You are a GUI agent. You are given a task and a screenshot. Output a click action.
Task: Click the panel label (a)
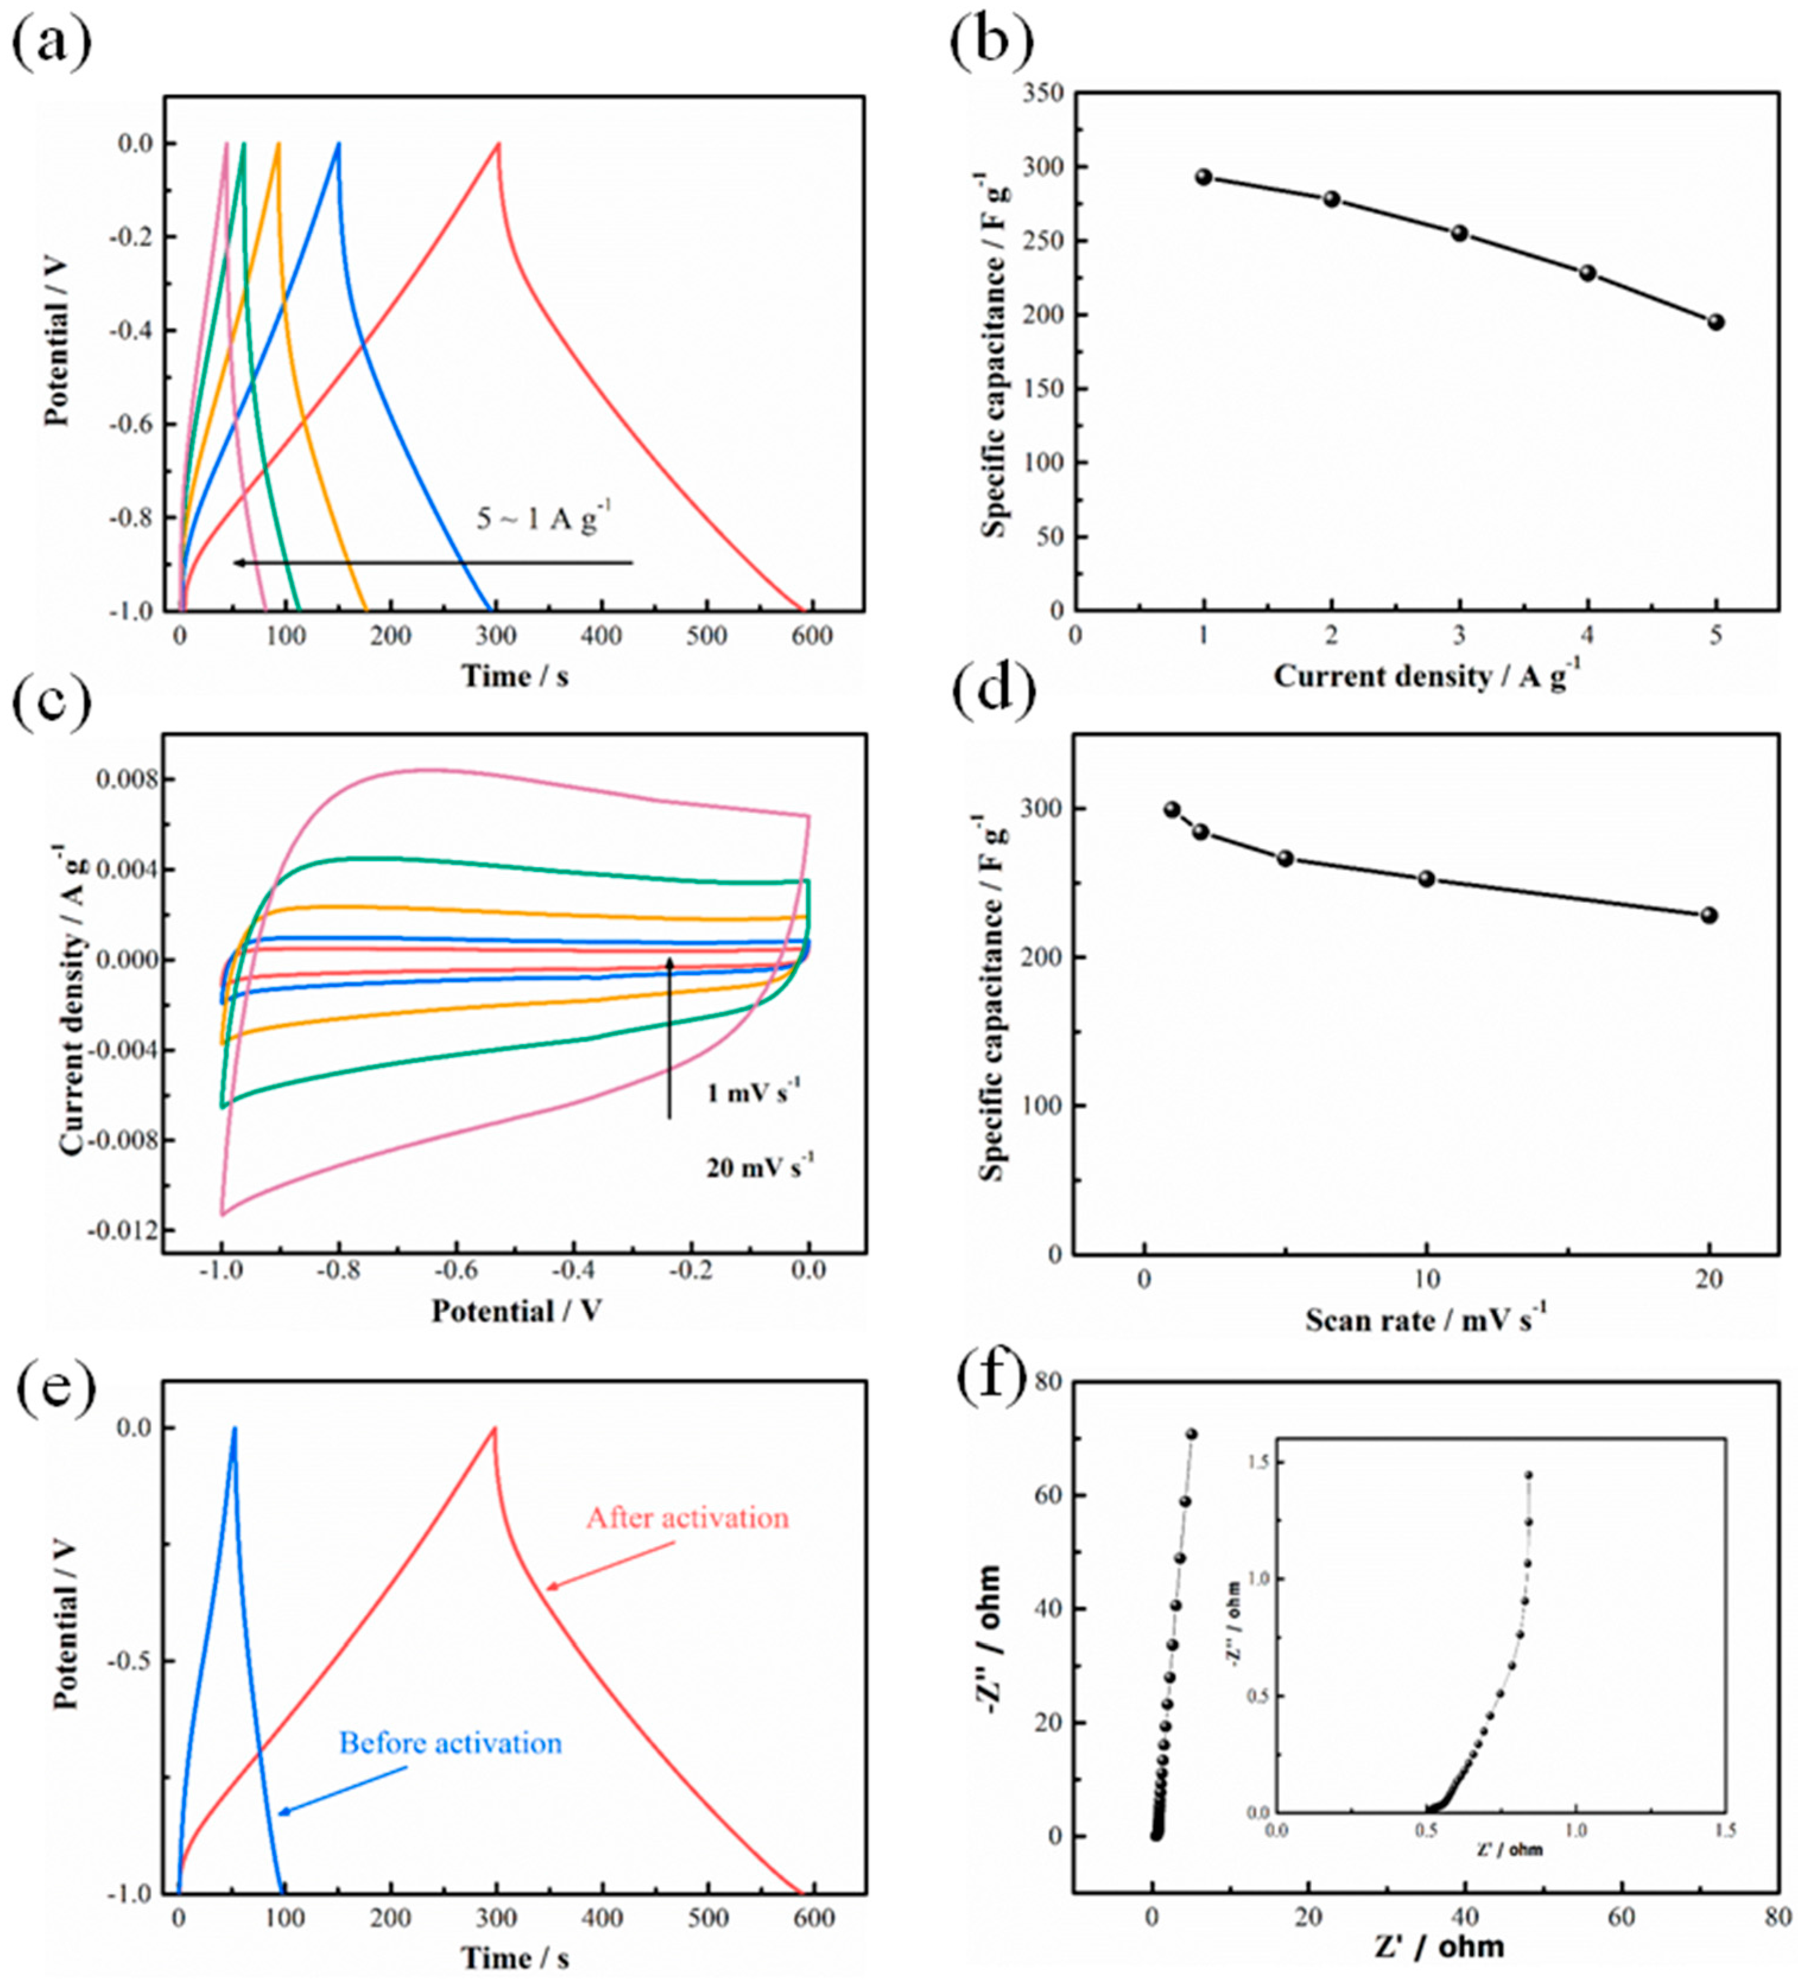[x=51, y=44]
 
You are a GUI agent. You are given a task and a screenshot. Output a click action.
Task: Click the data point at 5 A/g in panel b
[x=1715, y=322]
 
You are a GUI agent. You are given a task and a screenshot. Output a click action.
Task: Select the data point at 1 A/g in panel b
[x=1204, y=177]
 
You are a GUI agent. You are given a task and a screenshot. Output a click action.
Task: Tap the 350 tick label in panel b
[x=1042, y=94]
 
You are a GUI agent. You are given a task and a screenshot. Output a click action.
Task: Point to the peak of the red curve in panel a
[x=497, y=144]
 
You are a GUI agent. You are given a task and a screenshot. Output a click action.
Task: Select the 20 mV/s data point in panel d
[x=1709, y=915]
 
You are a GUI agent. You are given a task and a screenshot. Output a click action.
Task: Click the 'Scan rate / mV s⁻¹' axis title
[x=1425, y=1320]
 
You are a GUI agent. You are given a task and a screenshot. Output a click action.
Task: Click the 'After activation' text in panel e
[x=687, y=1518]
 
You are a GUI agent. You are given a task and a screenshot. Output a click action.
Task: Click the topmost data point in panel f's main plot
[x=1191, y=1434]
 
